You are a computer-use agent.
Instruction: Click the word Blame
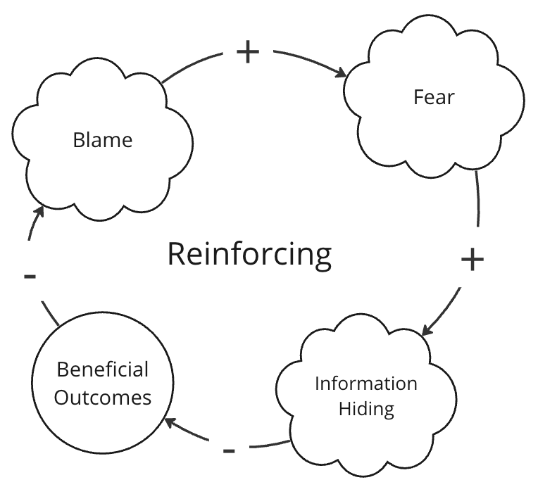[102, 140]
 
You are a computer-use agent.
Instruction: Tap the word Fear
[433, 97]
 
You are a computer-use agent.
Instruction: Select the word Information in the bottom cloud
[365, 384]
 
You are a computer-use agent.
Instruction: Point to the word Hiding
[365, 409]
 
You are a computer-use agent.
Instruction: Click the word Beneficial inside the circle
[103, 369]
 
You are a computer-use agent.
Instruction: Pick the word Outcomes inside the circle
[103, 397]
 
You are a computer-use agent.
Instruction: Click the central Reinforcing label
[249, 253]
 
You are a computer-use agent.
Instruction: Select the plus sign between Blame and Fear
[247, 53]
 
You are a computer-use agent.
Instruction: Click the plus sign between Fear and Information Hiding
[473, 260]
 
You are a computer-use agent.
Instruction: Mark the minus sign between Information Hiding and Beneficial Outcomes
[229, 450]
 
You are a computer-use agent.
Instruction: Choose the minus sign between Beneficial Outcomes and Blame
[30, 276]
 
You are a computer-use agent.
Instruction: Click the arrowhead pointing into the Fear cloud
[342, 73]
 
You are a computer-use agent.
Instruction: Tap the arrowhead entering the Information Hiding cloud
[427, 329]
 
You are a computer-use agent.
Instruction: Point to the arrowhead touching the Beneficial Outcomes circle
[170, 422]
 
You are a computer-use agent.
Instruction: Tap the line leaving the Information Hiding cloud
[268, 445]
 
